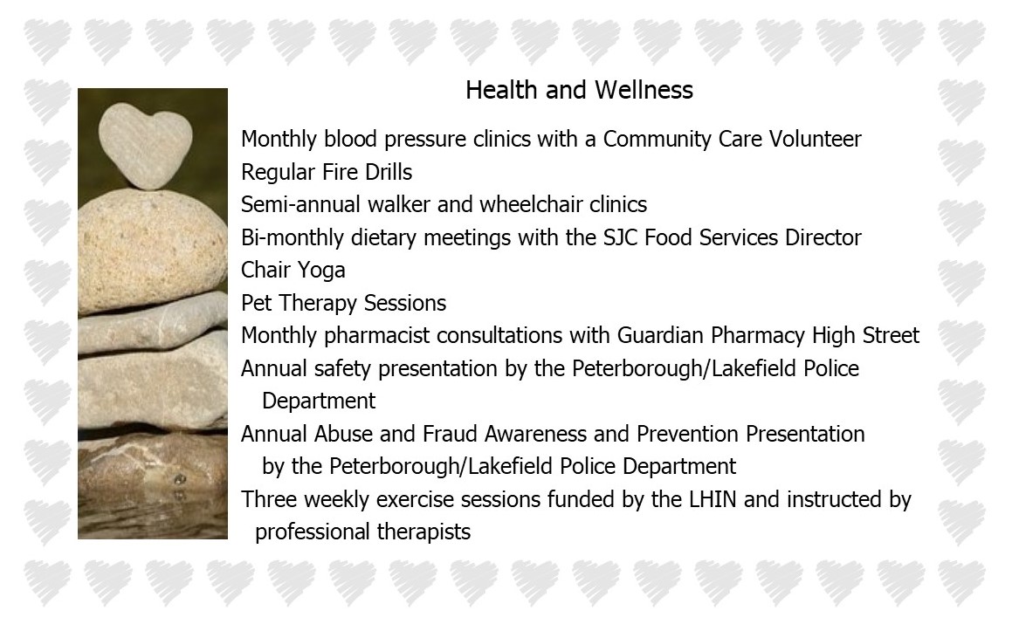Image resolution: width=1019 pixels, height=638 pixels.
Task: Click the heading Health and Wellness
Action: click(579, 90)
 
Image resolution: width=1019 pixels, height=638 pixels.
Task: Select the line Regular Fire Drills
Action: click(327, 172)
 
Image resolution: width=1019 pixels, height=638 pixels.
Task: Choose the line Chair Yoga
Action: click(293, 271)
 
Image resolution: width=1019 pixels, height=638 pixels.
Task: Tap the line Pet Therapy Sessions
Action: click(344, 303)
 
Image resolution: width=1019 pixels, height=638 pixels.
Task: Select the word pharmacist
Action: click(377, 335)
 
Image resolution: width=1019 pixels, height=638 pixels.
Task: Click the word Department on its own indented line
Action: click(319, 401)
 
